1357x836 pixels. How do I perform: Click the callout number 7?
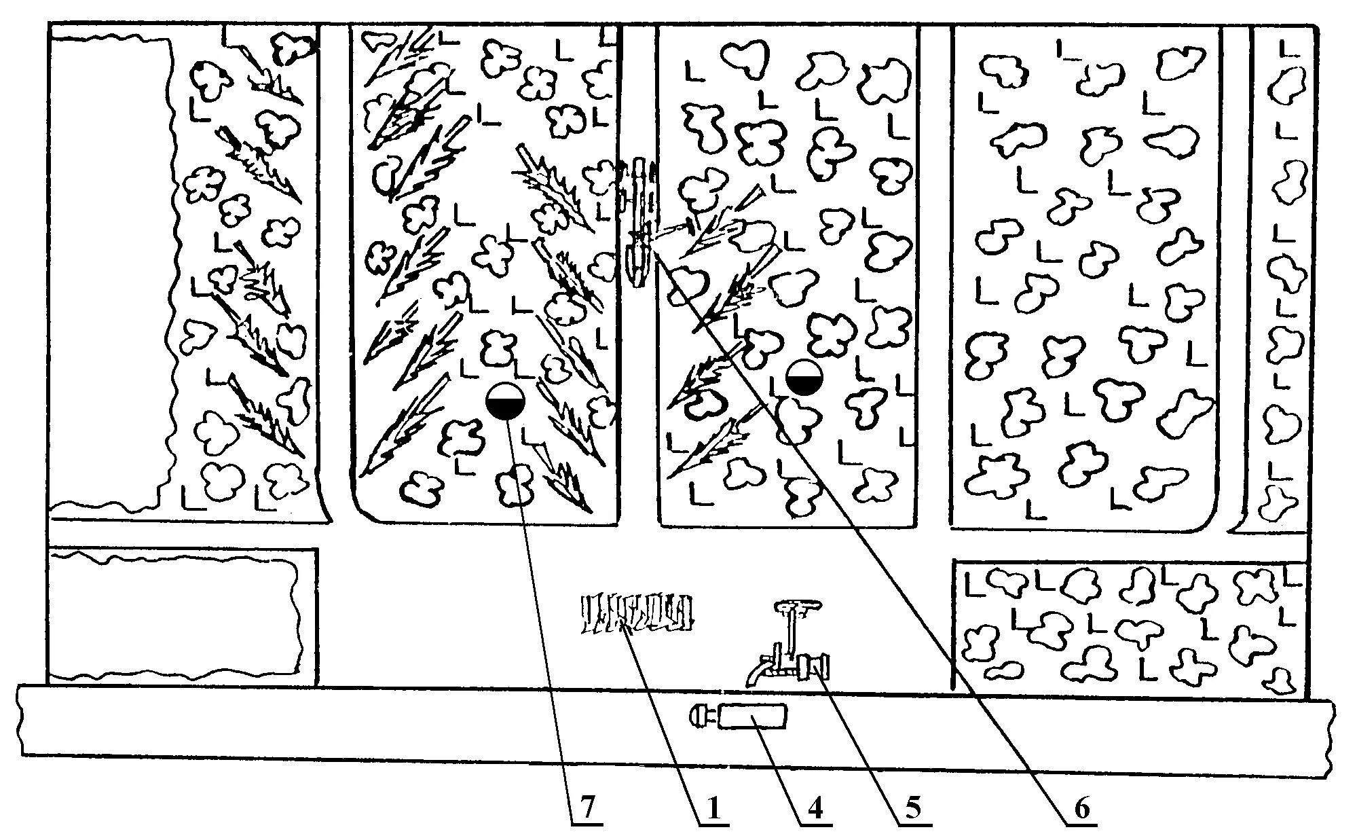tap(587, 808)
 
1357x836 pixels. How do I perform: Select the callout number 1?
tap(713, 808)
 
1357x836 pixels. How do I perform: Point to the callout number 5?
tap(914, 808)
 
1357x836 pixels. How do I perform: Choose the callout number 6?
tap(1081, 808)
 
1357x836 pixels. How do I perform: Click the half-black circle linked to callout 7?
tap(506, 402)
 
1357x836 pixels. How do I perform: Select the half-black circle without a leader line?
tap(804, 377)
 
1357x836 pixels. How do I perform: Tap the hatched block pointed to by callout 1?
tap(638, 613)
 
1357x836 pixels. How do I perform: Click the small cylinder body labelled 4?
tap(752, 717)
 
